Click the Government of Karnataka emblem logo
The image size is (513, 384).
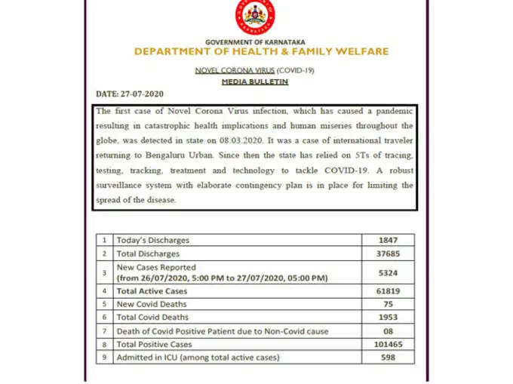tap(256, 17)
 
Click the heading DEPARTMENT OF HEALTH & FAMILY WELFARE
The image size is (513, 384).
tap(262, 51)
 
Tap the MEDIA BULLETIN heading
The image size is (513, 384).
tap(256, 81)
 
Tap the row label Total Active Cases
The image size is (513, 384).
tap(152, 290)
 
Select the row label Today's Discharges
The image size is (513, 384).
tap(152, 240)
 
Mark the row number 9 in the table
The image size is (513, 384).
tap(105, 358)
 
